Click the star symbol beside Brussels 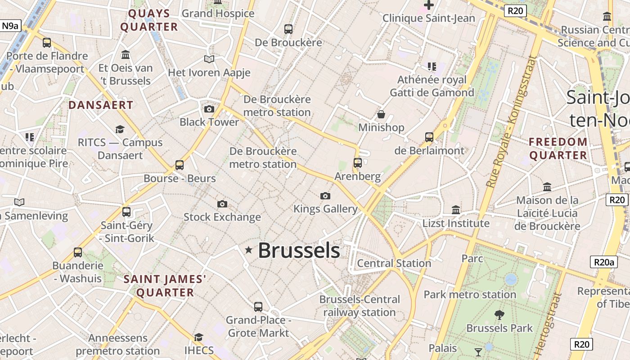click(x=248, y=250)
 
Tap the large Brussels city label click(x=299, y=251)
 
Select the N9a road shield click(x=10, y=26)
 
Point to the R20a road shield click(x=603, y=262)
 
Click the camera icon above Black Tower click(x=209, y=109)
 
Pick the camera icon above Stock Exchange click(x=222, y=204)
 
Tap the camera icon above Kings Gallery click(x=325, y=196)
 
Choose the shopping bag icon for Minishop click(x=381, y=114)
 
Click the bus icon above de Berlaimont click(x=429, y=137)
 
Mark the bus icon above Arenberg click(x=358, y=162)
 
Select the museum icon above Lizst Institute click(x=456, y=210)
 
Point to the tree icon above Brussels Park click(x=499, y=315)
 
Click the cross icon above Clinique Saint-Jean click(x=428, y=5)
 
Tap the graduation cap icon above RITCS click(x=120, y=129)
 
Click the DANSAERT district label click(x=101, y=105)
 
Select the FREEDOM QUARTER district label click(x=558, y=148)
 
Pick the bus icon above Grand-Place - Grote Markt click(x=258, y=307)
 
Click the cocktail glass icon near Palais click(x=478, y=351)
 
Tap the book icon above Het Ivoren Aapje click(x=209, y=59)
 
